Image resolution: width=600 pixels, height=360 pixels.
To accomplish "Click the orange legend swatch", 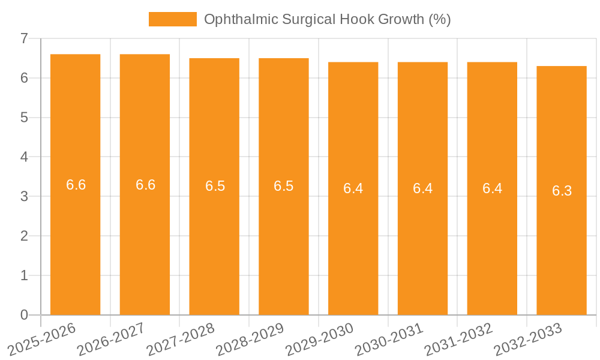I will (172, 19).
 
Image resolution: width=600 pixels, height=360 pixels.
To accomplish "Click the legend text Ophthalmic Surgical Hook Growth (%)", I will (327, 19).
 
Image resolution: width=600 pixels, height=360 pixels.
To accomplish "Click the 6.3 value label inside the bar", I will (562, 191).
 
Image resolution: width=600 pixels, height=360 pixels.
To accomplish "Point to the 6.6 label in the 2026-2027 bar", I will (145, 185).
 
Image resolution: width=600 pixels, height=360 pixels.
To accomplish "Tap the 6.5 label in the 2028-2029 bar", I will (283, 186).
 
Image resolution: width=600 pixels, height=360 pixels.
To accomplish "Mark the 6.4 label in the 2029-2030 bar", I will (353, 188).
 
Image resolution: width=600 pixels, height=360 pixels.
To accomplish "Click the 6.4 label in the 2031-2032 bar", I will (492, 188).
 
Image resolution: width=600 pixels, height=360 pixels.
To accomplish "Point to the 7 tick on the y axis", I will (24, 39).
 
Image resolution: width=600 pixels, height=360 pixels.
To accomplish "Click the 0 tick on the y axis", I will (24, 315).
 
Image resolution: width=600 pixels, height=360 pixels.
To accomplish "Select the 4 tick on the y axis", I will (24, 157).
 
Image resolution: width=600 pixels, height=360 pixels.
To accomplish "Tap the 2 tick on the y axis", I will (24, 236).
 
